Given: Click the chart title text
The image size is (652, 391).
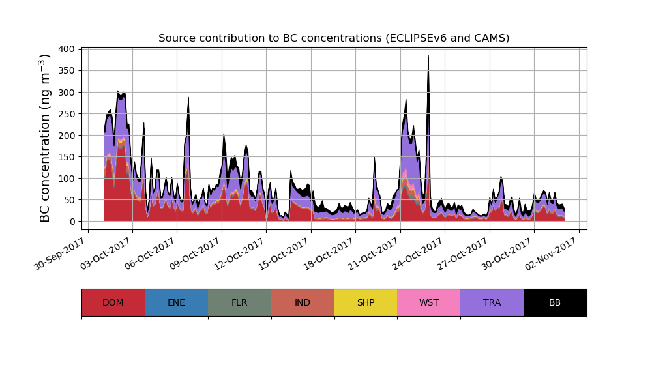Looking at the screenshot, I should click(x=334, y=38).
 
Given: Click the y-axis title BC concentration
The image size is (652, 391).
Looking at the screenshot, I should click(x=45, y=138).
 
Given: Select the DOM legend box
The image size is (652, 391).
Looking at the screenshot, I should click(x=113, y=302).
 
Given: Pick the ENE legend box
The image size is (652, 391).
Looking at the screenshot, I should click(x=176, y=302).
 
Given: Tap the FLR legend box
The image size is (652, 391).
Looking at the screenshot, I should click(x=239, y=302).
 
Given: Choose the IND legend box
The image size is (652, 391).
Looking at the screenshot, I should click(x=303, y=302).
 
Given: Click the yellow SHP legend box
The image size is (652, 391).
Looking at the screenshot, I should click(x=366, y=302).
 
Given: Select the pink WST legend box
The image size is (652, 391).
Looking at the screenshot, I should click(x=428, y=302).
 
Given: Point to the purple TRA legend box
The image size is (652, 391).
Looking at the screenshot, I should click(x=492, y=302).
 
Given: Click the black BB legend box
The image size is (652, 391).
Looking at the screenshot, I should click(x=555, y=302).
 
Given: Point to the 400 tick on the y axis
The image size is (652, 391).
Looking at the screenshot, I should click(x=67, y=49).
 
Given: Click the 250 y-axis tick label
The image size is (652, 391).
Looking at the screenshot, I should click(x=67, y=113).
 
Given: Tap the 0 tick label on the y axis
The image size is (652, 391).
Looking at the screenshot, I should click(x=72, y=222).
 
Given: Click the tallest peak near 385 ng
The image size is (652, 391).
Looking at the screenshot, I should click(x=428, y=57).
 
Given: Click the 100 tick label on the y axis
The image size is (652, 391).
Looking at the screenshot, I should click(x=67, y=179).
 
